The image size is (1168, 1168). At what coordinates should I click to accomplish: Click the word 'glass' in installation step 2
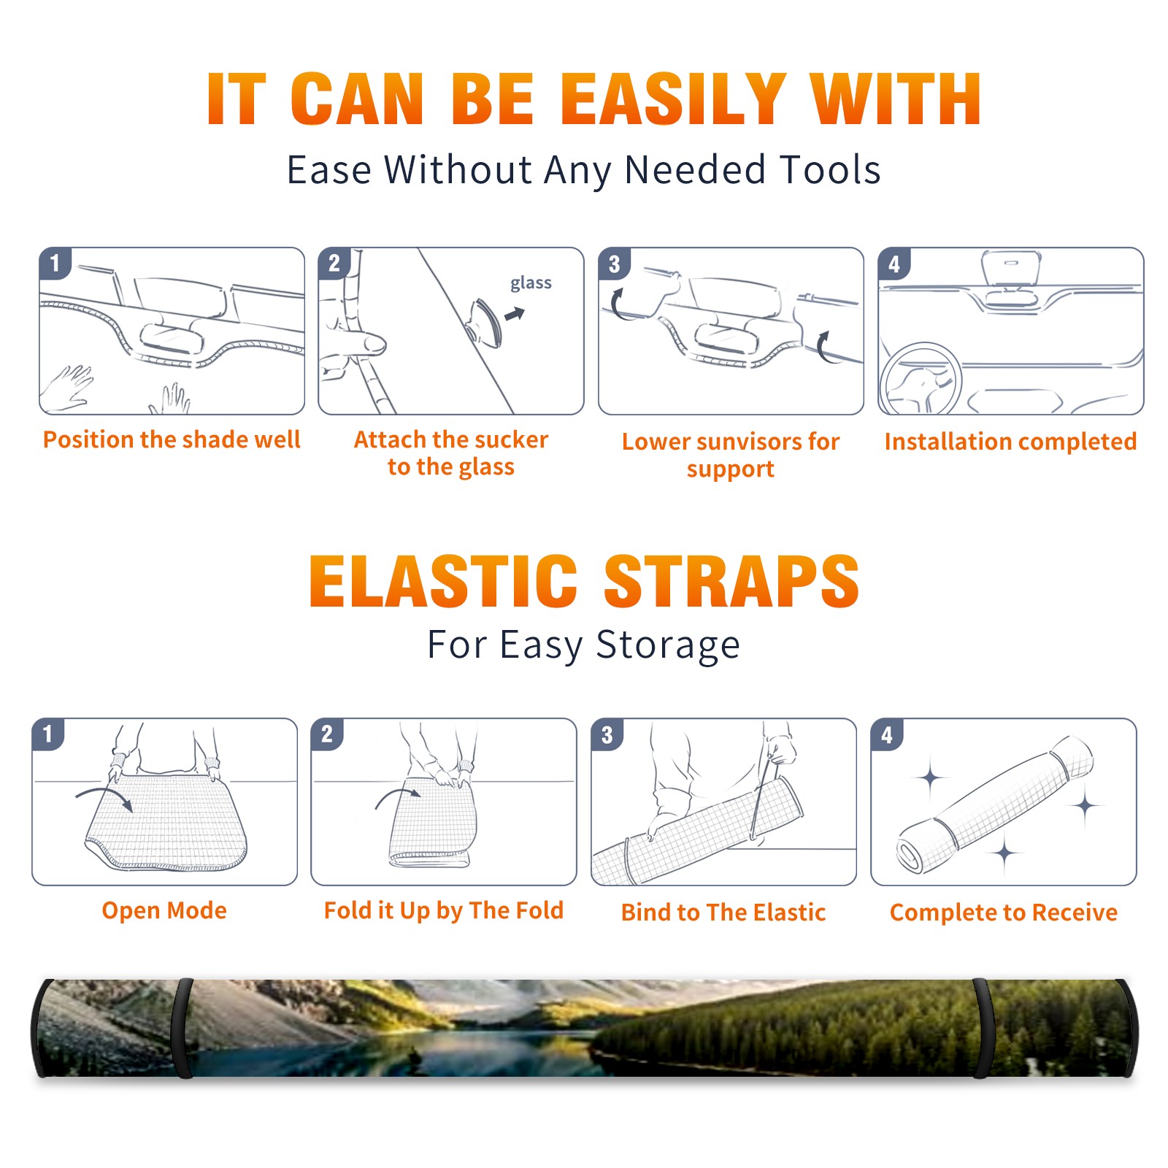click(x=531, y=283)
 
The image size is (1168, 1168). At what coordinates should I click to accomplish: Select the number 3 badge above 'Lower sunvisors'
click(x=614, y=264)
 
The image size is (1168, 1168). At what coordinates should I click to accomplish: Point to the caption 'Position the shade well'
click(x=172, y=439)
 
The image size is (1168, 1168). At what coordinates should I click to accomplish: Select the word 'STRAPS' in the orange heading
click(x=731, y=581)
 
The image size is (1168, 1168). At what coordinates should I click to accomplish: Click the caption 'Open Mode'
click(x=164, y=910)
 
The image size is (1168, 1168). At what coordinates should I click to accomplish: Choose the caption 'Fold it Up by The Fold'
click(x=444, y=910)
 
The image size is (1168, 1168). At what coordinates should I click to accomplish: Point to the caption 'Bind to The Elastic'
click(x=723, y=912)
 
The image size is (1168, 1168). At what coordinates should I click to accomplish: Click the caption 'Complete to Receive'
click(x=1004, y=912)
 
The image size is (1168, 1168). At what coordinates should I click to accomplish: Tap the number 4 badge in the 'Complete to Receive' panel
click(x=887, y=734)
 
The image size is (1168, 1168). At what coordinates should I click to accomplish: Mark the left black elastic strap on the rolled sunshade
click(x=182, y=1028)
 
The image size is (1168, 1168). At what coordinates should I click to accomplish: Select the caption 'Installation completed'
click(x=1011, y=441)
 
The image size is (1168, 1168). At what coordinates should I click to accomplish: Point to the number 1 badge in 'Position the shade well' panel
click(x=55, y=263)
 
